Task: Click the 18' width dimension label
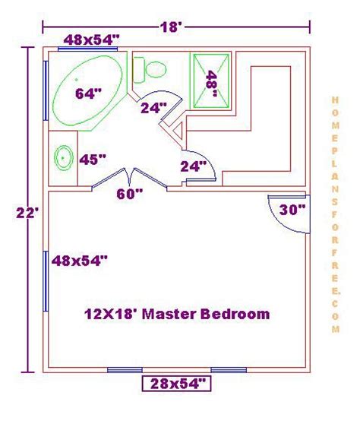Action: (171, 27)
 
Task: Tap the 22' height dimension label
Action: (27, 213)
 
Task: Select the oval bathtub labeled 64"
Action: (87, 90)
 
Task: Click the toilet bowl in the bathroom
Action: (156, 70)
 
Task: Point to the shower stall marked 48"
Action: (211, 81)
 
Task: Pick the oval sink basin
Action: (64, 157)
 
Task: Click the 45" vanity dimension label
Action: (93, 160)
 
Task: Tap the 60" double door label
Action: (130, 194)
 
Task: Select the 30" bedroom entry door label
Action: (292, 210)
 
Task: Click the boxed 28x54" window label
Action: (176, 384)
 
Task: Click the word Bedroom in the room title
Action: (235, 314)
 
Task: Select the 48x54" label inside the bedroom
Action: (80, 261)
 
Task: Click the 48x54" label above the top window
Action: (91, 40)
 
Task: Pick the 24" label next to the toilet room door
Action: (153, 108)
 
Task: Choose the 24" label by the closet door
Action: (194, 166)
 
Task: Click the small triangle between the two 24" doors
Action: (179, 131)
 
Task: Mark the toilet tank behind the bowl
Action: (139, 70)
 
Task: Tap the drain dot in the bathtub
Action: (77, 80)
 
